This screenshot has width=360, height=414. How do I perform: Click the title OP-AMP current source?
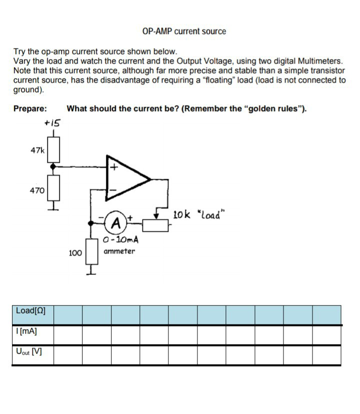click(x=183, y=31)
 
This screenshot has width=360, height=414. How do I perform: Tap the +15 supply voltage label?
click(x=51, y=122)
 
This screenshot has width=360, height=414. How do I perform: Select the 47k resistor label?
click(x=37, y=150)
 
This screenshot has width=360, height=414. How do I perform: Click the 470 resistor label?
click(x=37, y=190)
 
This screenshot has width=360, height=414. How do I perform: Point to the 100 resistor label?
click(x=75, y=253)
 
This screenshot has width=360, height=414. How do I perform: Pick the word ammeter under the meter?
click(x=119, y=251)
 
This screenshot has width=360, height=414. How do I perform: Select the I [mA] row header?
click(x=27, y=331)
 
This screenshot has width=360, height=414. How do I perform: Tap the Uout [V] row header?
click(x=29, y=351)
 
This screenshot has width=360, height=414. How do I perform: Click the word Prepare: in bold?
click(x=30, y=108)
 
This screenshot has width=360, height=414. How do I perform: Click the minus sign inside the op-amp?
click(x=113, y=190)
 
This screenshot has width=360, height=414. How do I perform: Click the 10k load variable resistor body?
click(x=156, y=226)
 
